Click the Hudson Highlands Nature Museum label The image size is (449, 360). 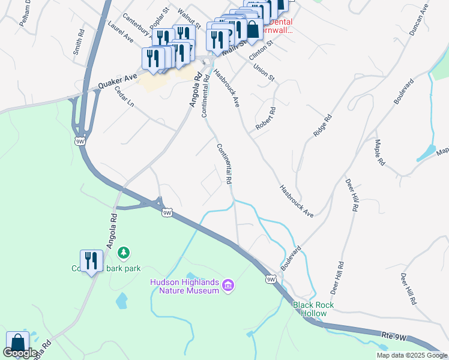(184, 286)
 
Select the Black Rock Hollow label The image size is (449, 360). (313, 309)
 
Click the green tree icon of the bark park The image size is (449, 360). (124, 254)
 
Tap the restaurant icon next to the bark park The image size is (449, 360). (91, 262)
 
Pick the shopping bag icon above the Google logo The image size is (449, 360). (17, 343)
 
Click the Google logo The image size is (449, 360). (20, 353)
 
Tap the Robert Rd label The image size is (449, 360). (265, 119)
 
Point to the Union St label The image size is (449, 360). (264, 73)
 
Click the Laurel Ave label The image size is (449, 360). (121, 30)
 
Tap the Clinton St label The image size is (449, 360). (261, 50)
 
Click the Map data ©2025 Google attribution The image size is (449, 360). (412, 355)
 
